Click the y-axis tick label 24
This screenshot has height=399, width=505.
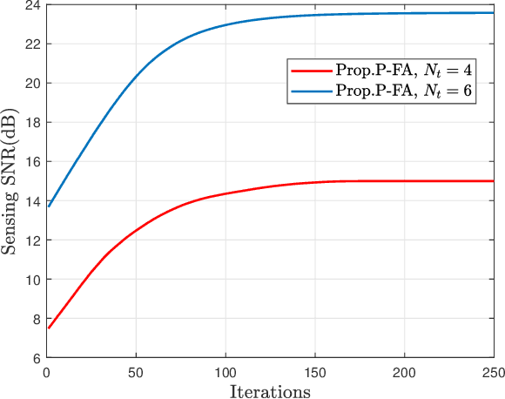(x=32, y=5)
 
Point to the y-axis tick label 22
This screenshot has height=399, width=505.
(x=32, y=44)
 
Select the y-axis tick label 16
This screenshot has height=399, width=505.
(x=32, y=162)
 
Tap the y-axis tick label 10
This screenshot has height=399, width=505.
(x=32, y=280)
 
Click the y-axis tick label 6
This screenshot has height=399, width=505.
(x=36, y=358)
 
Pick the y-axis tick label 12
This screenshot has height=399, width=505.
(x=32, y=240)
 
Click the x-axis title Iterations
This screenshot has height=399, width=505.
(x=270, y=391)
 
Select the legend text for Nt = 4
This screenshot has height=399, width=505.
(x=404, y=71)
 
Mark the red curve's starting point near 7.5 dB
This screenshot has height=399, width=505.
(x=49, y=328)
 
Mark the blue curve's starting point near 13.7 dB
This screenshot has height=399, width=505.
(x=49, y=206)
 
